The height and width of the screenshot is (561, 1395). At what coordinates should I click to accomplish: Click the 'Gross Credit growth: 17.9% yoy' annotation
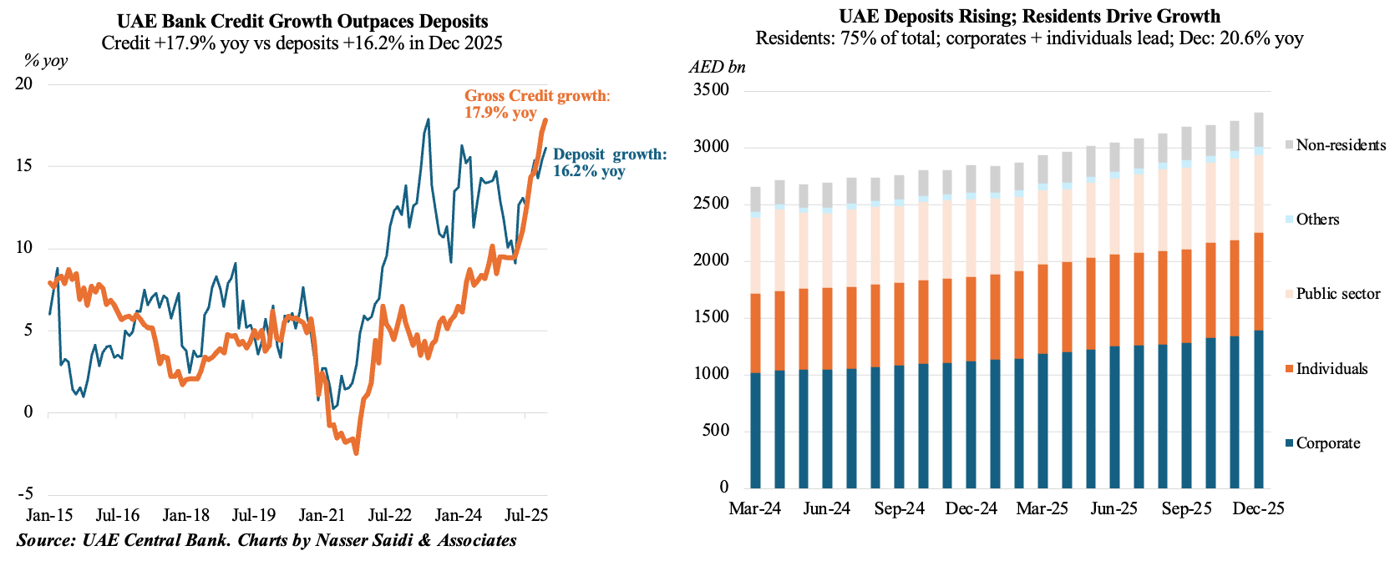537,104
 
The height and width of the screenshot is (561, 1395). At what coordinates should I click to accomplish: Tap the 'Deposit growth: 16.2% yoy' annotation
610,163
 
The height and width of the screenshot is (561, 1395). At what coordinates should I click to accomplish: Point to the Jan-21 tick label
322,515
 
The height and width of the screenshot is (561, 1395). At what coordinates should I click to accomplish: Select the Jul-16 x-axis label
118,515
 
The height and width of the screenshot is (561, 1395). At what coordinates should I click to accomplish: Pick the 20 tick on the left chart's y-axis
23,83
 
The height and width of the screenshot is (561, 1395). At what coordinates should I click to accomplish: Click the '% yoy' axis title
45,60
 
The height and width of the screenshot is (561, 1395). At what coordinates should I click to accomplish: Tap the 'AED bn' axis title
717,67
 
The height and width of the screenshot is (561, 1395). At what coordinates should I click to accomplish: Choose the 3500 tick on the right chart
711,90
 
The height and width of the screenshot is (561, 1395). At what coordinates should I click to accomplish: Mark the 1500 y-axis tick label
711,317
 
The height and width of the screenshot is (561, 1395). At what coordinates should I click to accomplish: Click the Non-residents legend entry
1335,145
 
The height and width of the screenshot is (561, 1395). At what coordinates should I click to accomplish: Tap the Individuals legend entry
1326,369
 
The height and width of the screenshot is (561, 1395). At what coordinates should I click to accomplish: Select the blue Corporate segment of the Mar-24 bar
755,430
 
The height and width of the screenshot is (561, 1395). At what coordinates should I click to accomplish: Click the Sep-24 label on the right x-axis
900,508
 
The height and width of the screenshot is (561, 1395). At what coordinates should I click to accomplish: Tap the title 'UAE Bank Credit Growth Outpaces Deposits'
302,21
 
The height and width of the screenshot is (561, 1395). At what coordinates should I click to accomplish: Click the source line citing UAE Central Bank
266,540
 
